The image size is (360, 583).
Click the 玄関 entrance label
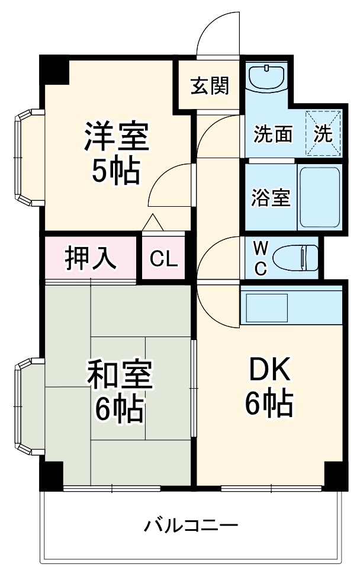click(210, 86)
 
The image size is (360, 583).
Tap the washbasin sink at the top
click(266, 76)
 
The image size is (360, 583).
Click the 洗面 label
click(273, 134)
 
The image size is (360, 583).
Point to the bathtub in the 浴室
click(320, 197)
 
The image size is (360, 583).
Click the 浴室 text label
click(271, 197)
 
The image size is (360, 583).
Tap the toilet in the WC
click(295, 257)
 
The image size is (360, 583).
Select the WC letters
click(261, 258)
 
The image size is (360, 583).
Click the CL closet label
click(163, 258)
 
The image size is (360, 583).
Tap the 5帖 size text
click(116, 171)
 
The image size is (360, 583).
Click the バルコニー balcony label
click(191, 526)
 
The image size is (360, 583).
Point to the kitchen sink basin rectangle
click(267, 308)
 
